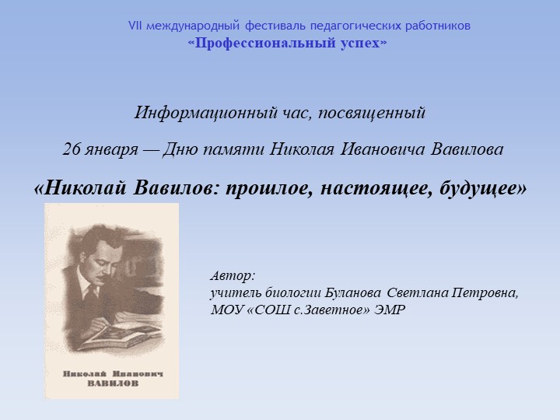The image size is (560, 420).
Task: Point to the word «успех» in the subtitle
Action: pyautogui.click(x=360, y=44)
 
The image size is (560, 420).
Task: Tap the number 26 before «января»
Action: pyautogui.click(x=72, y=149)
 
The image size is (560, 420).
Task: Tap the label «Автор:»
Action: pyautogui.click(x=233, y=276)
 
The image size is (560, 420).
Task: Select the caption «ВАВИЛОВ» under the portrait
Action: pyautogui.click(x=113, y=383)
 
